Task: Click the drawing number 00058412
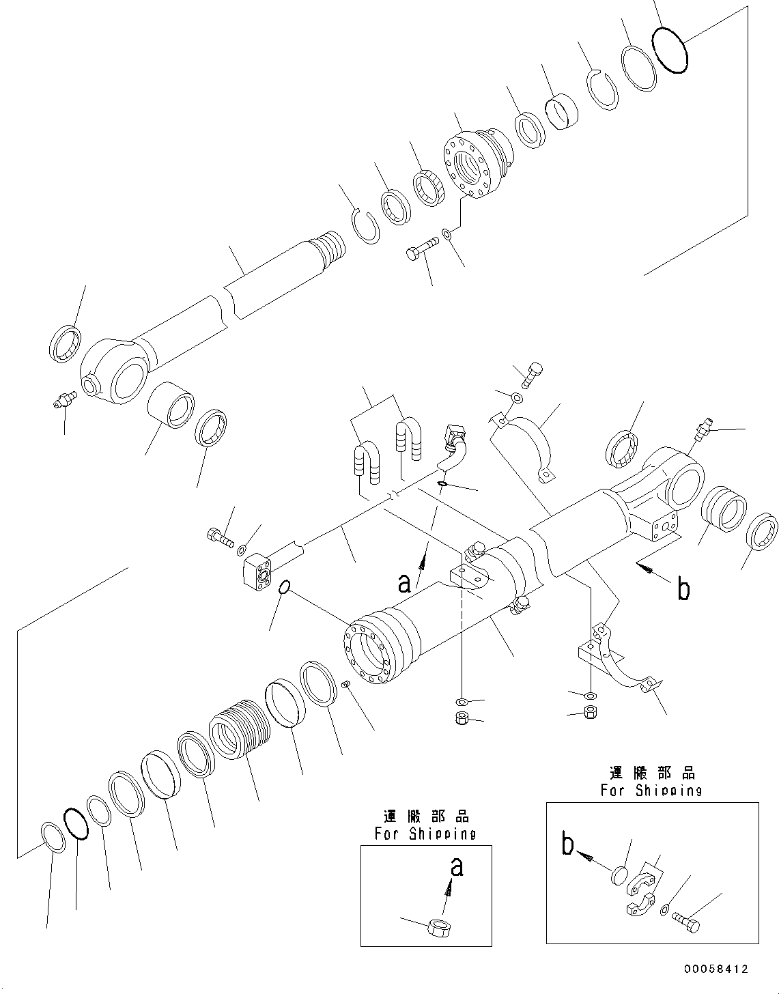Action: [716, 969]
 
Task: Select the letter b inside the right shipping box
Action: [567, 844]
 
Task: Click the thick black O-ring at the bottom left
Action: [76, 824]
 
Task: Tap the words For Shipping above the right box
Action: [651, 790]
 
